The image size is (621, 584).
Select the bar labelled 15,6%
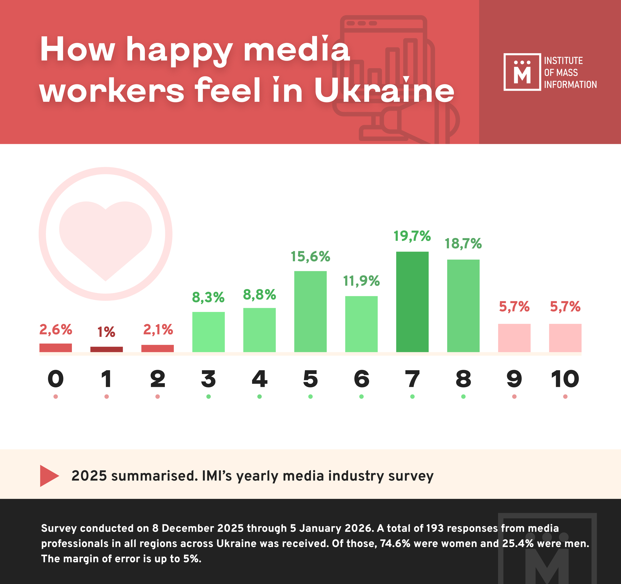pyautogui.click(x=310, y=311)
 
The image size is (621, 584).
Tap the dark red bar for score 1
pyautogui.click(x=106, y=349)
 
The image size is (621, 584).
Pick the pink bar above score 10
pyautogui.click(x=565, y=338)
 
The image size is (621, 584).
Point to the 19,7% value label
pyautogui.click(x=412, y=236)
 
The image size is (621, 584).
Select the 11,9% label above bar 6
pyautogui.click(x=361, y=281)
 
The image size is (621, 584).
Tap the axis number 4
pyautogui.click(x=259, y=379)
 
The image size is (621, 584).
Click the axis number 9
pyautogui.click(x=514, y=379)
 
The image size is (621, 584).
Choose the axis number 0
pyautogui.click(x=56, y=379)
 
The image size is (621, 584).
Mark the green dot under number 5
pyautogui.click(x=310, y=396)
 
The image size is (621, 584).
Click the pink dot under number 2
pyautogui.click(x=157, y=396)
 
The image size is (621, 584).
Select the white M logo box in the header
pyautogui.click(x=522, y=72)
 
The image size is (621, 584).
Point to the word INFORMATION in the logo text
pyautogui.click(x=570, y=84)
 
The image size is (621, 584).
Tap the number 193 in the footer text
pyautogui.click(x=434, y=528)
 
